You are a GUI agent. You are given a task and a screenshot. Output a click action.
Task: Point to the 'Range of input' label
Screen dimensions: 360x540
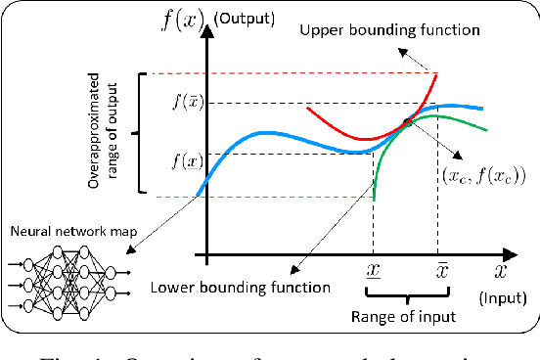[404, 316]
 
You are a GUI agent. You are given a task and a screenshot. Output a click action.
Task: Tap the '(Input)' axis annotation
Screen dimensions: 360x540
[505, 297]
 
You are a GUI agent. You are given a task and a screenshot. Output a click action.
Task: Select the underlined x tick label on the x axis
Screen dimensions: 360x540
[374, 269]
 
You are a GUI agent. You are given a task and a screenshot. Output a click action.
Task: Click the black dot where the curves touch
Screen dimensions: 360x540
[407, 121]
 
